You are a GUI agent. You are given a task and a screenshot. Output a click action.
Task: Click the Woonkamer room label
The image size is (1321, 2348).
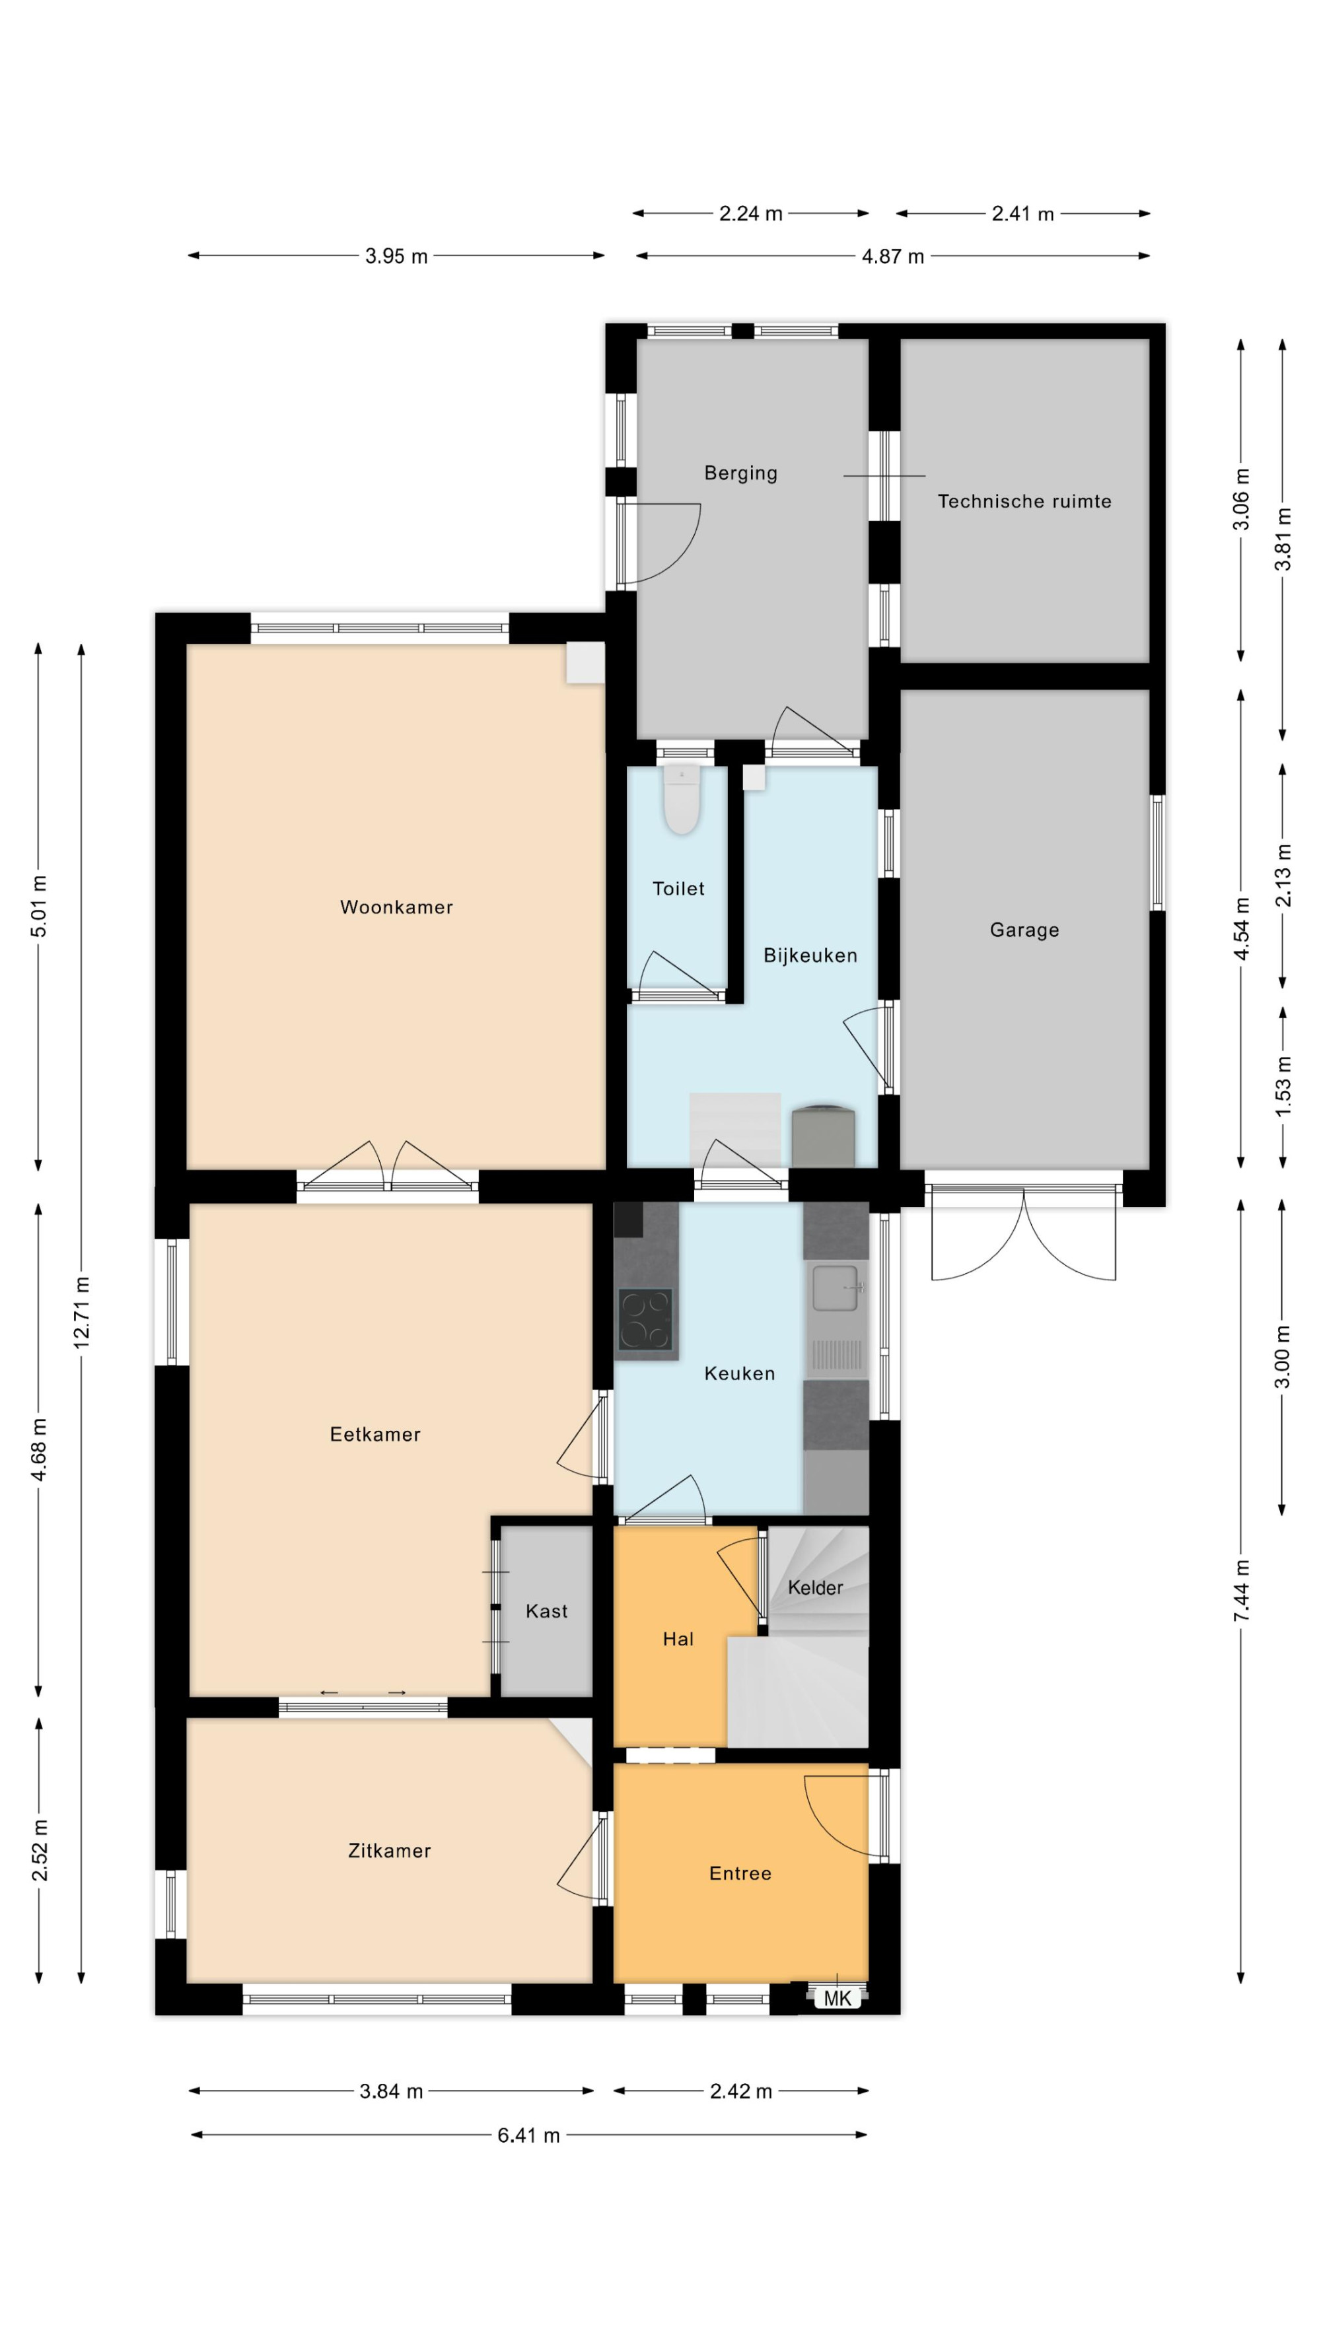click(396, 907)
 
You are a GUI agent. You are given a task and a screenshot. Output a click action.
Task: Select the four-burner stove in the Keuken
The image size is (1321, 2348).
click(645, 1319)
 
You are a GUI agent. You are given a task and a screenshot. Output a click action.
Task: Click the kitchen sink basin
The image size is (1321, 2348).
click(835, 1287)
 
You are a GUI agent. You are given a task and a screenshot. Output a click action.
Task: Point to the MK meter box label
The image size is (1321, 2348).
click(837, 1999)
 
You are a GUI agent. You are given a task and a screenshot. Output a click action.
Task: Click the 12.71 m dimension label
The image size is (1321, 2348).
click(82, 1313)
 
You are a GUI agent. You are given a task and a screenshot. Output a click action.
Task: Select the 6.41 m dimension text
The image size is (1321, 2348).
click(529, 2135)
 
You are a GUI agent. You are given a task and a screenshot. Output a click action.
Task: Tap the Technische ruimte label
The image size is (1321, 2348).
click(1024, 501)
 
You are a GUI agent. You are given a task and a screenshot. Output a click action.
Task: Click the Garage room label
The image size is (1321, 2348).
click(1024, 930)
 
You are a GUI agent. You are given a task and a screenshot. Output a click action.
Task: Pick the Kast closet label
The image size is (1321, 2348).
click(546, 1610)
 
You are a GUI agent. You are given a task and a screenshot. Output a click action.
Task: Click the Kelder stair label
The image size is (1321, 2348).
click(815, 1587)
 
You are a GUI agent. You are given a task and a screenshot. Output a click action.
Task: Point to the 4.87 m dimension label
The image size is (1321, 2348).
click(894, 257)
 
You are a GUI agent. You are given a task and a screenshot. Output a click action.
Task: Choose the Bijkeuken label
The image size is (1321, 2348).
click(810, 955)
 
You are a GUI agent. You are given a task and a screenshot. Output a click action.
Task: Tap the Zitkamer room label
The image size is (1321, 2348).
click(389, 1850)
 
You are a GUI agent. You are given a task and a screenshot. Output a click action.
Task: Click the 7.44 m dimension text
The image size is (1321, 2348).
click(1242, 1591)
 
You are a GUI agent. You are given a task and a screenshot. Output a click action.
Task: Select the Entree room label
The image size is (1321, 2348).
click(740, 1873)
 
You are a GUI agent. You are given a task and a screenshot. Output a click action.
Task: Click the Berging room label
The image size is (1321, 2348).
click(741, 473)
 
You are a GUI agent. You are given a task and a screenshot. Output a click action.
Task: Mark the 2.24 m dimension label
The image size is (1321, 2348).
click(751, 214)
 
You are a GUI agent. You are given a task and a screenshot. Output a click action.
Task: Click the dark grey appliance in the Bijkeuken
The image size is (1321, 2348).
click(823, 1136)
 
